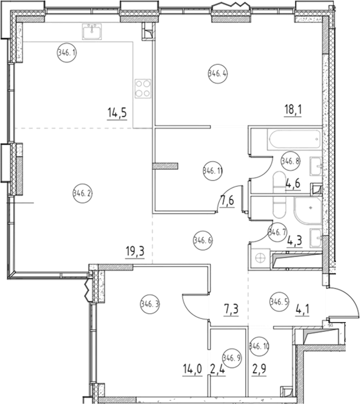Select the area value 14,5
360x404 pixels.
115,111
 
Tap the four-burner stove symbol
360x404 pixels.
143,88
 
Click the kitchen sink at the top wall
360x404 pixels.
93,30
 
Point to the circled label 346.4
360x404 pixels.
217,73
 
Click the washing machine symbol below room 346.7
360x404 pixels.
258,257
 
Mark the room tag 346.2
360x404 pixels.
82,192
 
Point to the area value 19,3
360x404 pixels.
136,251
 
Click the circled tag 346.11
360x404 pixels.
212,172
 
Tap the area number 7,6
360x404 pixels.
227,203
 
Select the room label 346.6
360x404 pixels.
203,239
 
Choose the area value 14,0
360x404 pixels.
191,370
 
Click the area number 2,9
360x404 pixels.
259,370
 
